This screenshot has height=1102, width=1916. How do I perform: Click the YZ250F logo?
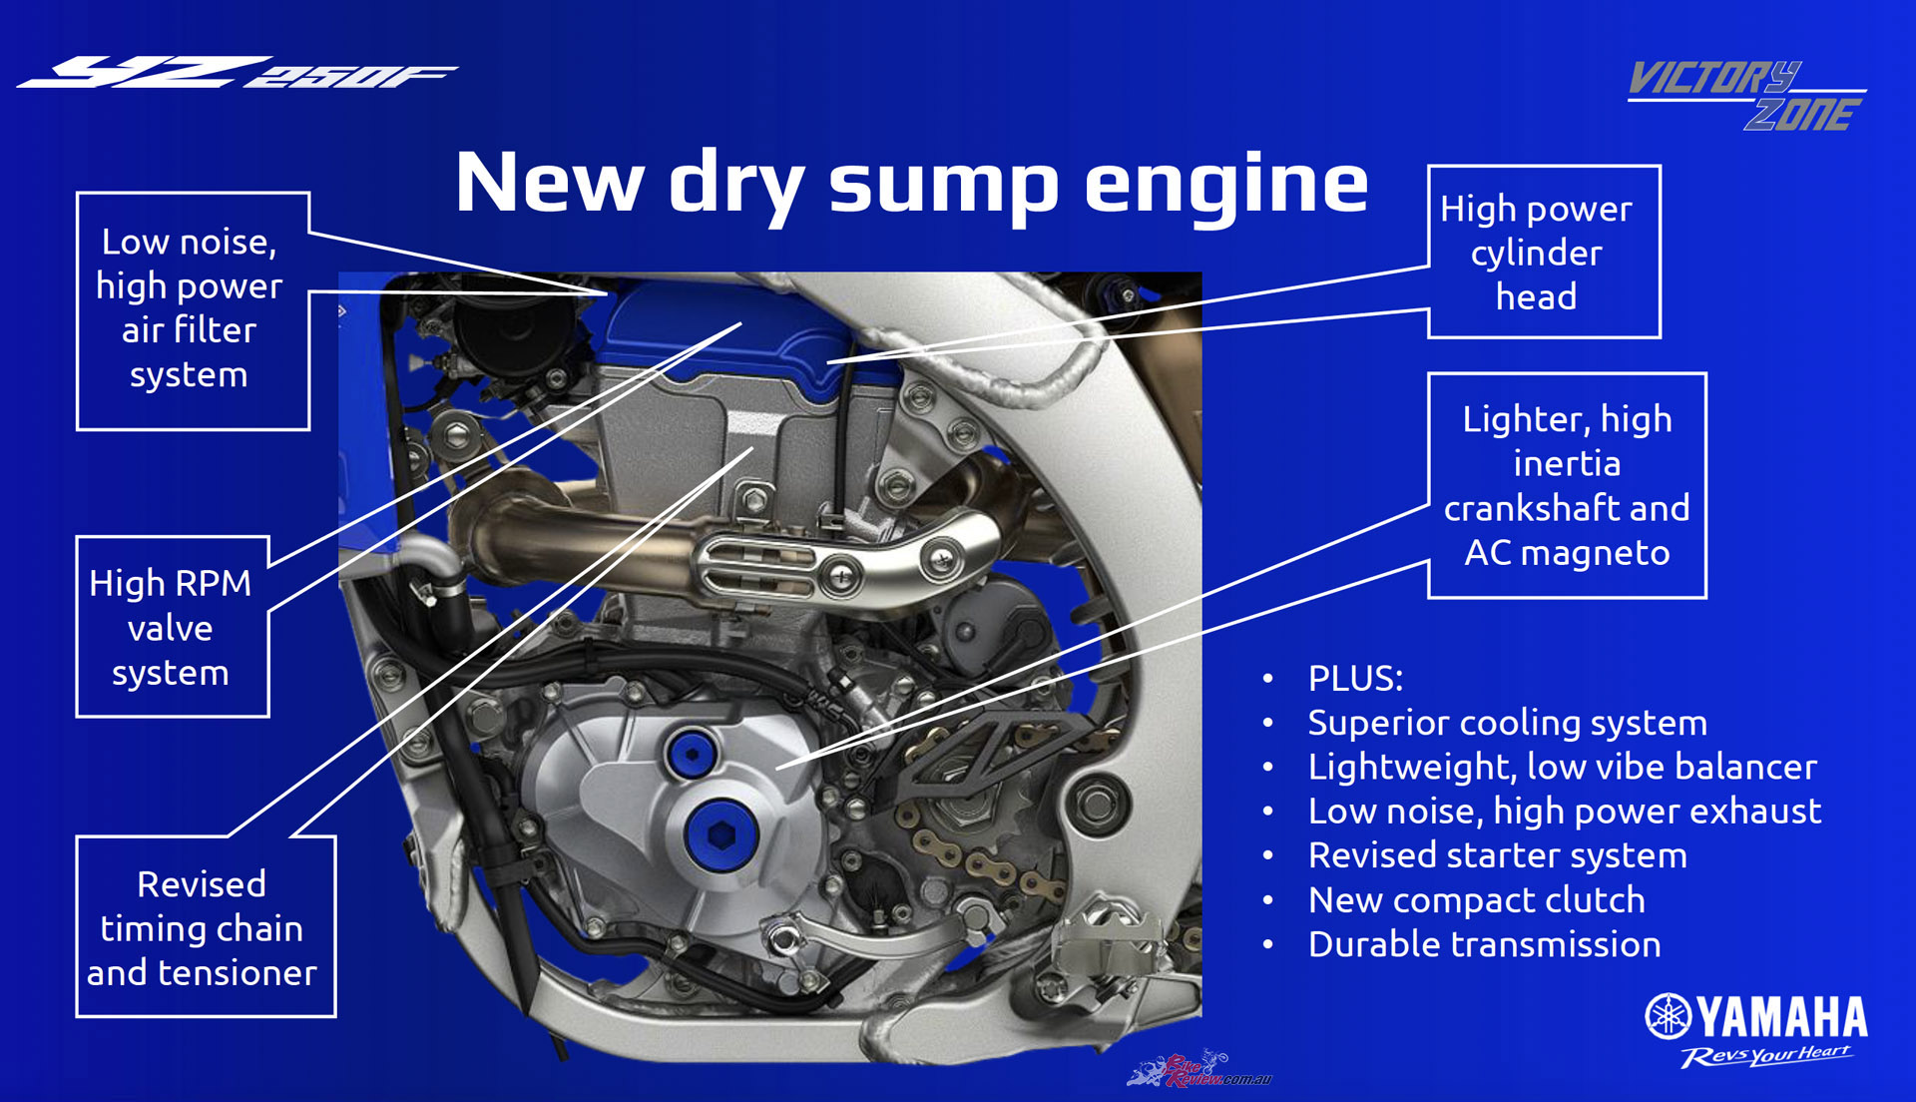[x=238, y=72]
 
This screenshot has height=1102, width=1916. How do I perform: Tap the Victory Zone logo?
[x=1747, y=95]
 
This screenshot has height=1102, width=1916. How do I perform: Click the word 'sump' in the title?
[x=943, y=185]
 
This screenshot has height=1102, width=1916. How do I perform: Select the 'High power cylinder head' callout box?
[x=1545, y=252]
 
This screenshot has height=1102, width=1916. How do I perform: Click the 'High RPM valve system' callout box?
[x=173, y=627]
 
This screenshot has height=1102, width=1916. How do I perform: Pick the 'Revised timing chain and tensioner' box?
[x=206, y=926]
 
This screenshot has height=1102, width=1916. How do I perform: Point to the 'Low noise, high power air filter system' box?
[x=193, y=310]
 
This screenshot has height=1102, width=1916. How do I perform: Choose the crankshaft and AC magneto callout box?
[x=1567, y=485]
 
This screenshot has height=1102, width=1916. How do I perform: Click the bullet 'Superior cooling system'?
[x=1507, y=723]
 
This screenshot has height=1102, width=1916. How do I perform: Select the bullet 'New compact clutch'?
[x=1476, y=900]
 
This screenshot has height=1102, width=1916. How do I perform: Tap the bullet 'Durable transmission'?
[x=1484, y=944]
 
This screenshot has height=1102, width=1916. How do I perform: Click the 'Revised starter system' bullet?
[x=1497, y=855]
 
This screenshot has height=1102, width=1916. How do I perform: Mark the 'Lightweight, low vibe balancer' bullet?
[x=1562, y=767]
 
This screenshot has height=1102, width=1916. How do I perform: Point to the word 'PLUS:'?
[x=1355, y=679]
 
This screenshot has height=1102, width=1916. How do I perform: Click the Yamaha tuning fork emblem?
[x=1668, y=1016]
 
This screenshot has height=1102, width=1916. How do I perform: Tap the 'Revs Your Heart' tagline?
[x=1765, y=1056]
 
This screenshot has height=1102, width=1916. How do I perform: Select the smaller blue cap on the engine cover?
[x=692, y=756]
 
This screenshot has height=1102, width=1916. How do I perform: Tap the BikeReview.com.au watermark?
[x=1199, y=1069]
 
